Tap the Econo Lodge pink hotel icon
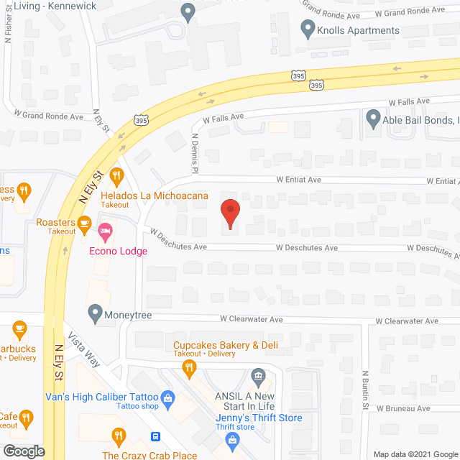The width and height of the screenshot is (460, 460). pyautogui.click(x=106, y=233)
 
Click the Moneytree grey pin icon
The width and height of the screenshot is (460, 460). pyautogui.click(x=95, y=313)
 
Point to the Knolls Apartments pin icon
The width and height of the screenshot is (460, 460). pyautogui.click(x=308, y=30)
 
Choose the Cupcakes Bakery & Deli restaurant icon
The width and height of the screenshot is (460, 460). pyautogui.click(x=190, y=369)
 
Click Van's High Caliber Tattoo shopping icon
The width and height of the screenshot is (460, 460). pyautogui.click(x=167, y=397)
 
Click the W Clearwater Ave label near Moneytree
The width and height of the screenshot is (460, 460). pyautogui.click(x=251, y=318)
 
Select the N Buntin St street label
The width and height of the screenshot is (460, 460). pyautogui.click(x=365, y=389)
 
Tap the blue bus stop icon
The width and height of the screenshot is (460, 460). pyautogui.click(x=155, y=437)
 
